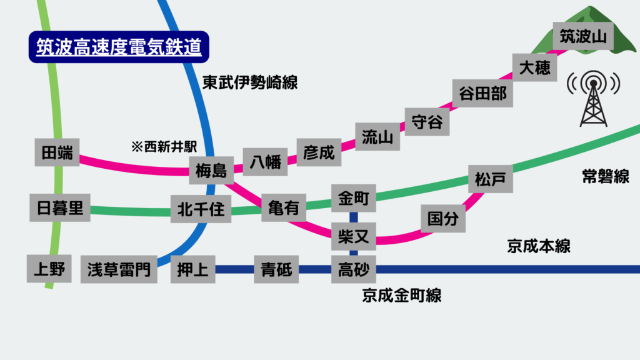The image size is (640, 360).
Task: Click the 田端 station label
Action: pos(57,152)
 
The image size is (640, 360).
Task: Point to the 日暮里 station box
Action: pos(60,208)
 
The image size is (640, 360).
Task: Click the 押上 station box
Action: pos(193,270)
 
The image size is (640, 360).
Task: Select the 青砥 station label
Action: pos(276,270)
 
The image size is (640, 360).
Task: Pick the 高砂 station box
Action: pos(354,270)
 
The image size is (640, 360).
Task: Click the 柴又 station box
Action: pos(354,236)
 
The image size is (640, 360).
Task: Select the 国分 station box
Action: pos(443,219)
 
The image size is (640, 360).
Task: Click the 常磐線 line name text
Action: pos(605,177)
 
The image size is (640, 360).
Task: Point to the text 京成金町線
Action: pos(401,295)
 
